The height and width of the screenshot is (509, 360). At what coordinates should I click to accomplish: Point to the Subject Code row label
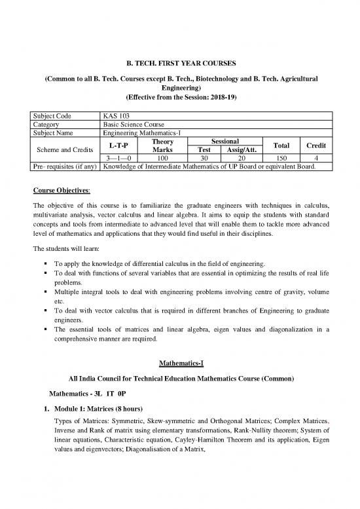click(x=53, y=115)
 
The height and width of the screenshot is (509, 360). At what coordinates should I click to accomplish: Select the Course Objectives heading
click(x=58, y=192)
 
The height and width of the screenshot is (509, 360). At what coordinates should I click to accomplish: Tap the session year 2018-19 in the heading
click(x=222, y=96)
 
